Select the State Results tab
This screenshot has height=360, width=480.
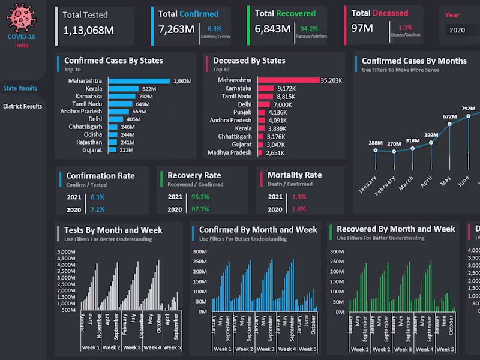click(20, 88)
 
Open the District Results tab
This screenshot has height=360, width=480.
click(22, 106)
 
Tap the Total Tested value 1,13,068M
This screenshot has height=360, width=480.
click(88, 29)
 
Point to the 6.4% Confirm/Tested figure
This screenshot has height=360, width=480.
click(214, 28)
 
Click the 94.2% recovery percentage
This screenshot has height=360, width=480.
click(309, 28)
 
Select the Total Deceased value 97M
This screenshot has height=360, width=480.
click(362, 28)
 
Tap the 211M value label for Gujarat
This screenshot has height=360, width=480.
click(127, 150)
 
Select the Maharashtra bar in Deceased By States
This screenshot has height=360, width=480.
click(289, 80)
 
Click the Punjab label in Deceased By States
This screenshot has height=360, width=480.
click(242, 112)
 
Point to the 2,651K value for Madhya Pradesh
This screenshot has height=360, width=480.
click(275, 153)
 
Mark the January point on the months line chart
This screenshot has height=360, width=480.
click(376, 150)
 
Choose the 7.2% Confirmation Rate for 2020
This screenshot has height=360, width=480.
click(97, 209)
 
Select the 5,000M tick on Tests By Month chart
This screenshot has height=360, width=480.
click(65, 252)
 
